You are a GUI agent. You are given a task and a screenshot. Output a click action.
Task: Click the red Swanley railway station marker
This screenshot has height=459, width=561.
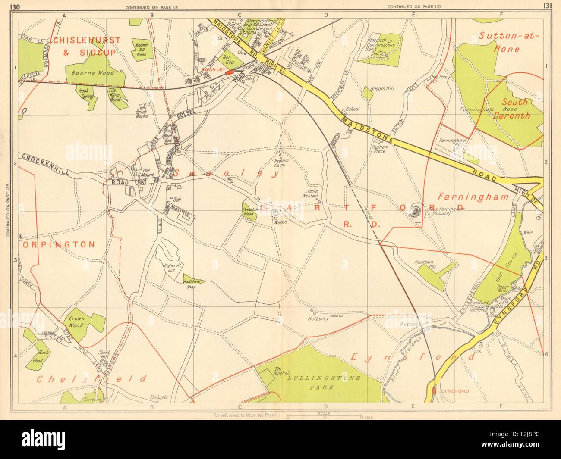point(229,72)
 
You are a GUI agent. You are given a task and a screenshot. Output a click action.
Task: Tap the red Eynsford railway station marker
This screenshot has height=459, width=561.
point(433,390)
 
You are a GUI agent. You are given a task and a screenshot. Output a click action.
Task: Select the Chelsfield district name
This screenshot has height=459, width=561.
point(91,379)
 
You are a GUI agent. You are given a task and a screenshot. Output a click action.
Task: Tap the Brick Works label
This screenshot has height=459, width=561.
point(142,113)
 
